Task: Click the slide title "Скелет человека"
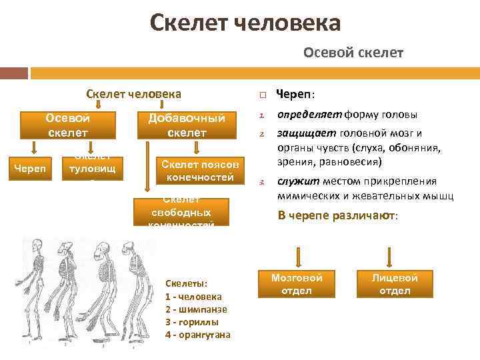pyautogui.click(x=245, y=23)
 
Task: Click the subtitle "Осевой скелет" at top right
pyautogui.click(x=353, y=52)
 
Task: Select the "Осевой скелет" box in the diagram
pyautogui.click(x=67, y=125)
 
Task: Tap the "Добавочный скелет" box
pyautogui.click(x=186, y=125)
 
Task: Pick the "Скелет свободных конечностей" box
pyautogui.click(x=181, y=213)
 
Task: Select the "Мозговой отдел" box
pyautogui.click(x=297, y=284)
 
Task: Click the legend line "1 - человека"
pyautogui.click(x=193, y=297)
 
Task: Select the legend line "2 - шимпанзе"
pyautogui.click(x=196, y=309)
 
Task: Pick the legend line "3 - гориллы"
pyautogui.click(x=192, y=322)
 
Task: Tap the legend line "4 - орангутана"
pyautogui.click(x=197, y=335)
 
